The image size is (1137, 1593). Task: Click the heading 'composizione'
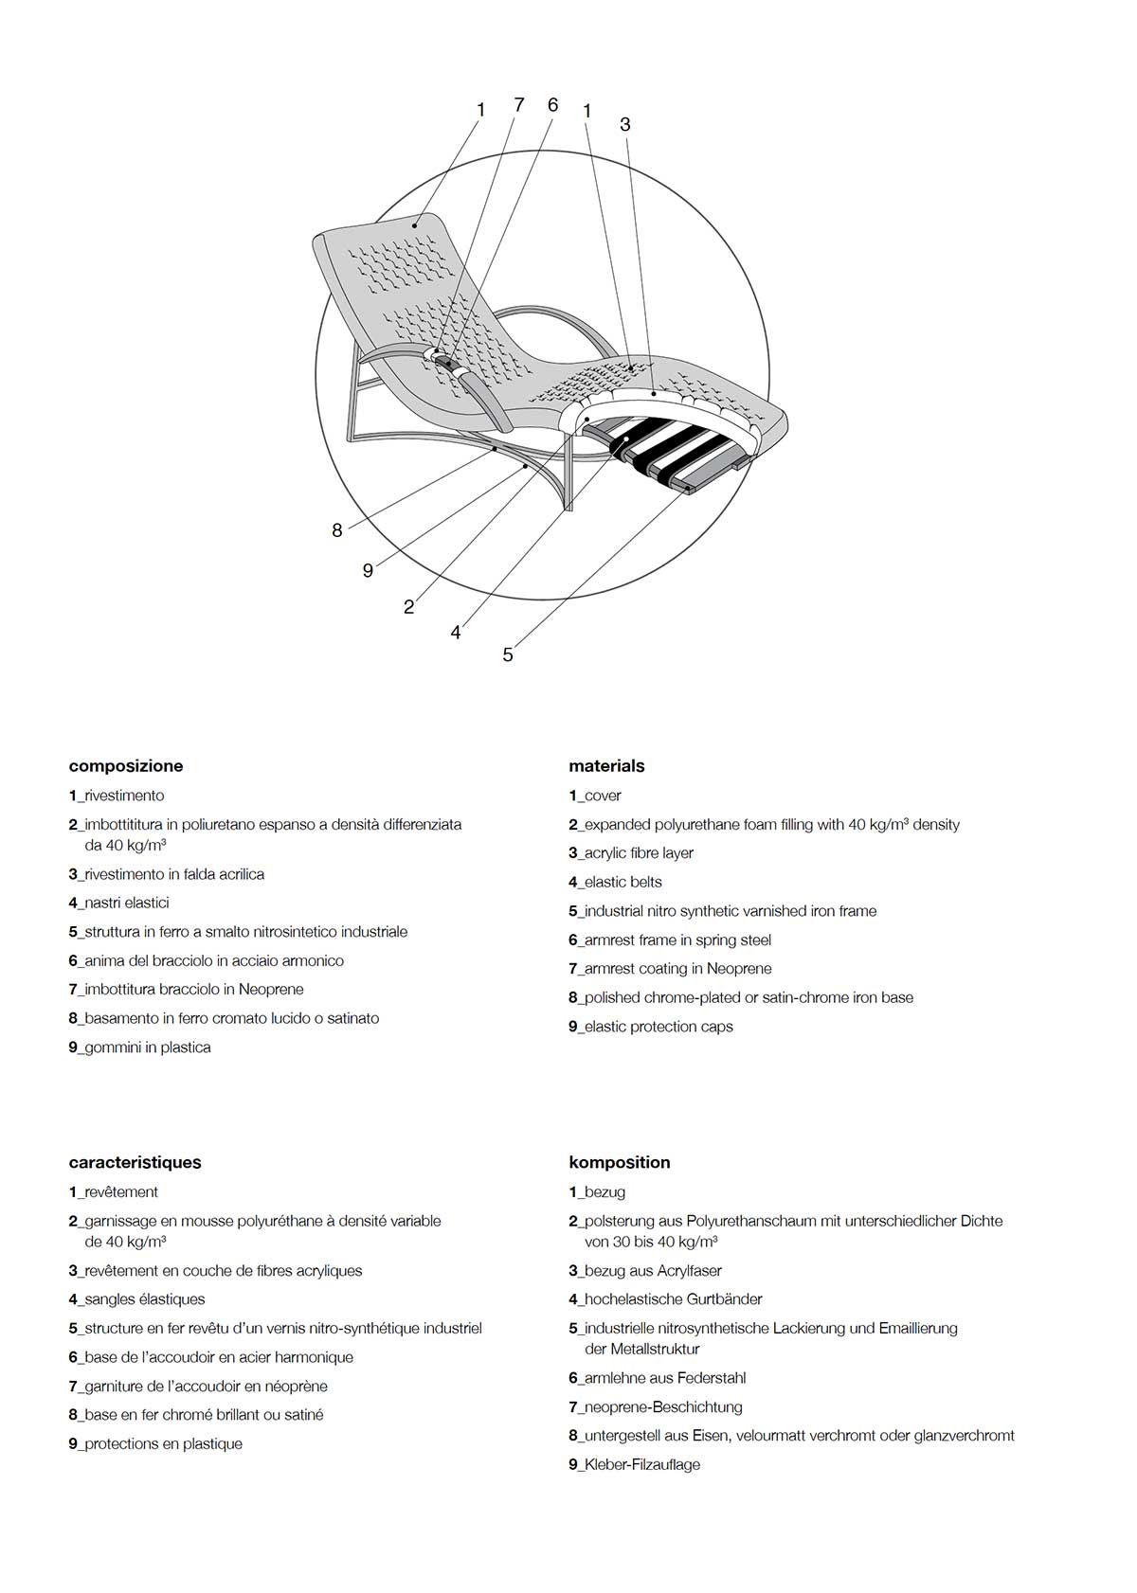point(126,766)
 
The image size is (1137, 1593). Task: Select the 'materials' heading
point(606,766)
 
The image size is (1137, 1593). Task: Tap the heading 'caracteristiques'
point(135,1162)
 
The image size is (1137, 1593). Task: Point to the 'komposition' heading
point(619,1162)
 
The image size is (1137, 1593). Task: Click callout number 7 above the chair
point(518,105)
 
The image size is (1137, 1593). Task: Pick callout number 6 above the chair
point(552,105)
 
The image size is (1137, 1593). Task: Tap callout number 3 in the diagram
point(624,125)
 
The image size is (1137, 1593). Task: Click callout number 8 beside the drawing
point(336,530)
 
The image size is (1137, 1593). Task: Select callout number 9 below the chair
point(368,570)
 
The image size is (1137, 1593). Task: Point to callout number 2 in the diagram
point(408,607)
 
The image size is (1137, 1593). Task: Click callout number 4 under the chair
point(456,633)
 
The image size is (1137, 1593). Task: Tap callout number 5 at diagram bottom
point(508,654)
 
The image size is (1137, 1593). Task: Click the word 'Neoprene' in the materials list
point(738,969)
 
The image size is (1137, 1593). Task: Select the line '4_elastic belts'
point(615,882)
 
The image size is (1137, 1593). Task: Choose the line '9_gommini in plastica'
point(139,1047)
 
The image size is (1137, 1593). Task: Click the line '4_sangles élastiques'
point(136,1299)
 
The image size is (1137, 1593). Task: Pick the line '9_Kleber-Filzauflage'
point(634,1464)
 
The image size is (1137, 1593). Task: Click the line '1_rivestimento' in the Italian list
point(117,796)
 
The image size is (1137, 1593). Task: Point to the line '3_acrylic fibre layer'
point(631,853)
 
